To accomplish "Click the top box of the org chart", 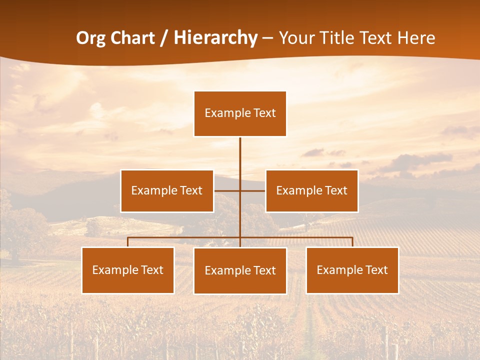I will [x=240, y=114].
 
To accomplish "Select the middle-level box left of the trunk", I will [x=167, y=191].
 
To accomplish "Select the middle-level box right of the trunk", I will [x=311, y=191].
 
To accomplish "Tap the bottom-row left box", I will [x=128, y=270].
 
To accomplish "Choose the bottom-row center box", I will [x=240, y=271].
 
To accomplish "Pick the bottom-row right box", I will [x=352, y=270].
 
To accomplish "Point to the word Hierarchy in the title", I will [x=215, y=38].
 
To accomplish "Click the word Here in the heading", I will [x=416, y=38].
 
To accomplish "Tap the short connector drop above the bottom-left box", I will [x=128, y=242].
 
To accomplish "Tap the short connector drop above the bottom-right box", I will [x=352, y=242].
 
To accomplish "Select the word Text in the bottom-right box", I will [x=376, y=270].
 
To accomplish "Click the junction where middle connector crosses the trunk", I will [x=240, y=191].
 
